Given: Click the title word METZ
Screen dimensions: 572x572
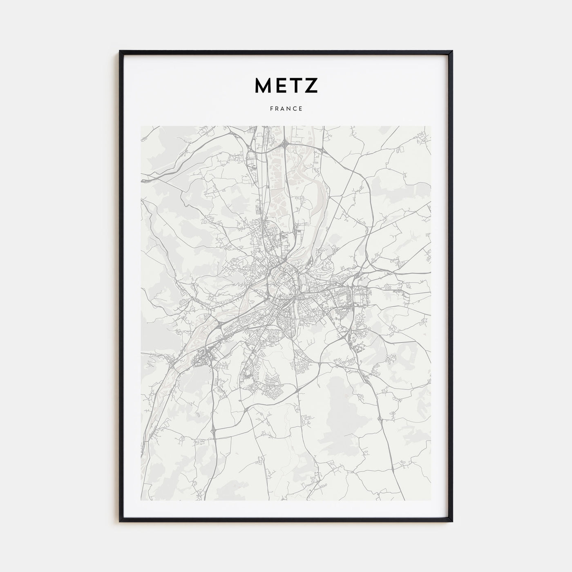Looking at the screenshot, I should pyautogui.click(x=286, y=85).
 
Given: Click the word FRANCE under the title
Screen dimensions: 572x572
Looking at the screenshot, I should pyautogui.click(x=286, y=109).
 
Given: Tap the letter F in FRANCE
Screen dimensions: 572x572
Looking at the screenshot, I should pyautogui.click(x=271, y=109).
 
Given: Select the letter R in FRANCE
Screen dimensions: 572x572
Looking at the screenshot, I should pyautogui.click(x=277, y=109).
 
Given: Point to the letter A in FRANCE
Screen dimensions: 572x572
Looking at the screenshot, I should pyautogui.click(x=283, y=109).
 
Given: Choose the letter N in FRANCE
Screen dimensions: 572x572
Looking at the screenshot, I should pyautogui.click(x=289, y=109).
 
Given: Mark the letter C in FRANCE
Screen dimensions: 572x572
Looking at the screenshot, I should pyautogui.click(x=295, y=109).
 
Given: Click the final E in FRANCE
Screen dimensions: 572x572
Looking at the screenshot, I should pyautogui.click(x=301, y=109).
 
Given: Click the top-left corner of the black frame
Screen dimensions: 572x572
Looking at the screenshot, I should pyautogui.click(x=120, y=51).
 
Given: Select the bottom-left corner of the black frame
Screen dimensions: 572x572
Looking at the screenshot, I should pyautogui.click(x=120, y=521).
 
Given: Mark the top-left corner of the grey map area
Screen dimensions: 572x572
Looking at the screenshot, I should pyautogui.click(x=141, y=126).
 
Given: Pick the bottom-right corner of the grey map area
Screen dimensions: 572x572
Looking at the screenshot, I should pyautogui.click(x=431, y=500).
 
